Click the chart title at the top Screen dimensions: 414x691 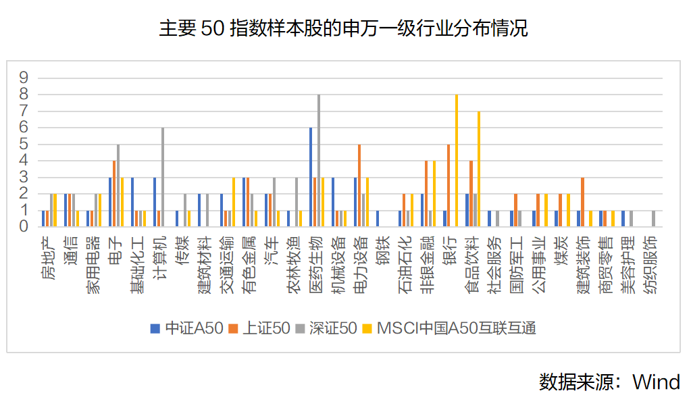point(345,28)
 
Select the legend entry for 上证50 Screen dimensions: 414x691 point(261,329)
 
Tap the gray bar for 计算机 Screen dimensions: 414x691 point(163,177)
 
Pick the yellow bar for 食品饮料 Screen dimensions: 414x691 point(479,169)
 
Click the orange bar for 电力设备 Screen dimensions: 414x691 point(359,186)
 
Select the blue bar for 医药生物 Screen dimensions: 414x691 point(311,177)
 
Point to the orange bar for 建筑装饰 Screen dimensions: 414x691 point(582,202)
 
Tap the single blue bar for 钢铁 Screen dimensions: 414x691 point(378,219)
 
